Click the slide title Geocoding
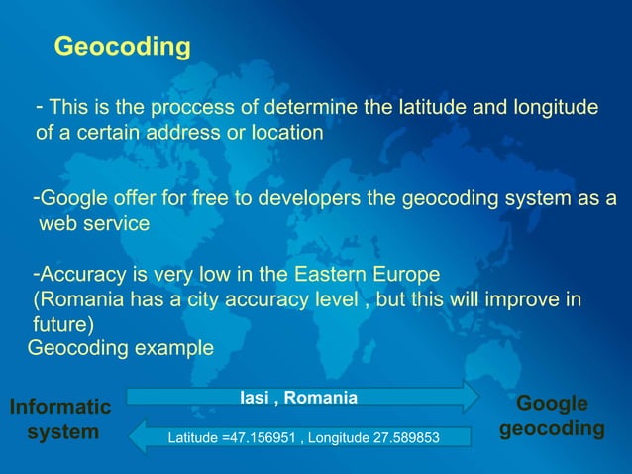point(122,47)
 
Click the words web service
point(94,224)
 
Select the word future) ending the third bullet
point(63,325)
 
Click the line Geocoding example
point(120,348)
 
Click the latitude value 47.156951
point(260,437)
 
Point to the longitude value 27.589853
point(401,437)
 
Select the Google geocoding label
point(553,416)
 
